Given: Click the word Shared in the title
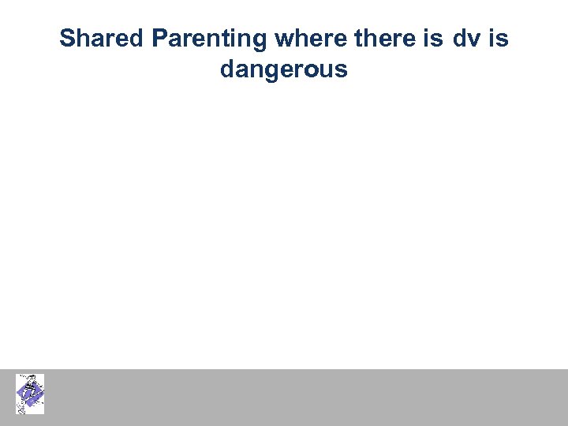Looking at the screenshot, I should (x=102, y=38).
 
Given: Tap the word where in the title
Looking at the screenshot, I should (x=308, y=38).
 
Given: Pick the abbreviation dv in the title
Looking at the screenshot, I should (x=465, y=38).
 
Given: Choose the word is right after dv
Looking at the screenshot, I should (x=499, y=38).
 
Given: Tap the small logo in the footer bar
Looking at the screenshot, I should (x=30, y=394).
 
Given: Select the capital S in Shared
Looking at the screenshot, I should (x=67, y=38).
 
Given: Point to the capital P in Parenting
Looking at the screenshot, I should (x=159, y=38).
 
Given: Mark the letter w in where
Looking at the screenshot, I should (x=283, y=39).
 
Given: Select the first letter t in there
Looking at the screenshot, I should (x=351, y=38).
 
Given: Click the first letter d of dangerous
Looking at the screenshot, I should (x=227, y=70).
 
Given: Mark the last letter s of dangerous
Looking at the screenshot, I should (x=342, y=72).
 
